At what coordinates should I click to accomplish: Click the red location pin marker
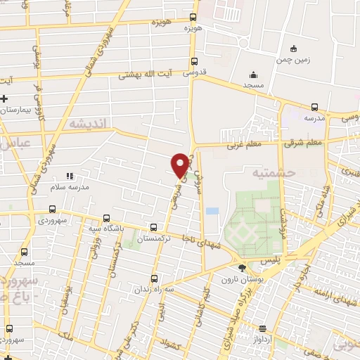point(181,165)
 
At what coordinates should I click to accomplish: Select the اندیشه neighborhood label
point(87,122)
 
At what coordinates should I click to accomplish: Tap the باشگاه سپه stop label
point(106,229)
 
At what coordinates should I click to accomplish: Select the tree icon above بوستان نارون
point(243,267)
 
